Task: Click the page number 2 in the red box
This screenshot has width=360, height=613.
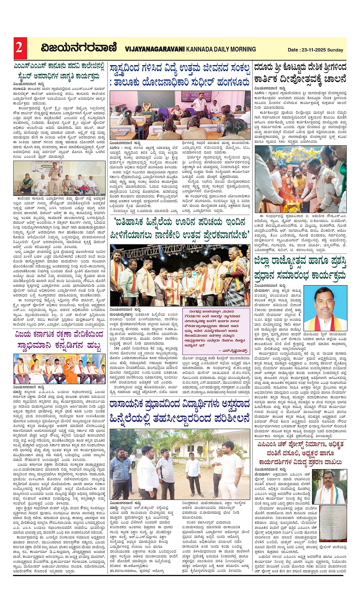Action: (x=19, y=48)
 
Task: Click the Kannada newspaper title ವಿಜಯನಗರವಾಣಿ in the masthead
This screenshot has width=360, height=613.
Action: (x=79, y=48)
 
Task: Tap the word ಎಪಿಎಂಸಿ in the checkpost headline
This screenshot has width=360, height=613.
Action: (x=267, y=444)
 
